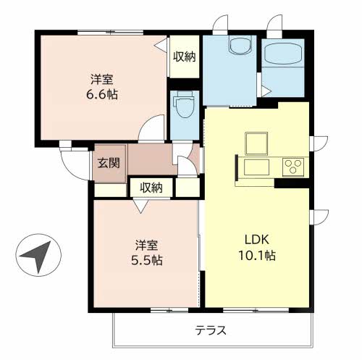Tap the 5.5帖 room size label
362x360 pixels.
pos(146,259)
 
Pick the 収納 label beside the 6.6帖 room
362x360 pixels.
pos(185,57)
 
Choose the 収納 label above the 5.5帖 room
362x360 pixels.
pos(151,188)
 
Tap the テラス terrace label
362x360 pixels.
pos(211,330)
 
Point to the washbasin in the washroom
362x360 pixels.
pos(237,47)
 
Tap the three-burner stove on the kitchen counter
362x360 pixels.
pos(294,167)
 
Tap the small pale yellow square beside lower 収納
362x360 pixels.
pos(185,187)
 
